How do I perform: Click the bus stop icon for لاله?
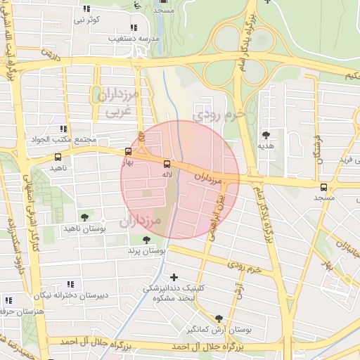click(x=167, y=163)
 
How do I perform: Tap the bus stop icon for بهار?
click(x=128, y=150)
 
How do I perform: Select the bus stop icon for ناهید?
click(x=57, y=157)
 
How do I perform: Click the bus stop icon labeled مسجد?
click(x=323, y=187)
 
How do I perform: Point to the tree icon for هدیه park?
click(x=265, y=134)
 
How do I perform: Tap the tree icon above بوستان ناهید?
click(x=84, y=217)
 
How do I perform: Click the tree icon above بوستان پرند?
click(x=146, y=240)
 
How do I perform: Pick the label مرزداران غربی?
click(x=118, y=102)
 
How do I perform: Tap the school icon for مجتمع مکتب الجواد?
click(x=63, y=129)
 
